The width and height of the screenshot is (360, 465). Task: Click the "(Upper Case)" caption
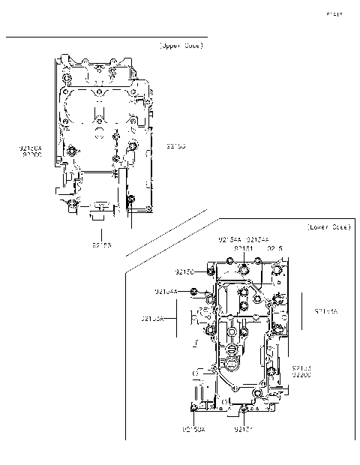pos(180,46)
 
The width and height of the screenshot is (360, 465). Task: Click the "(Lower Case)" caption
pos(328,226)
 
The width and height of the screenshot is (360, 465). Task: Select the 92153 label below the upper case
pos(103,244)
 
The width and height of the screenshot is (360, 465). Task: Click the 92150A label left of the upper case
pos(31,148)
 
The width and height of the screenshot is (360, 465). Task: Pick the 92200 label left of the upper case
pos(31,155)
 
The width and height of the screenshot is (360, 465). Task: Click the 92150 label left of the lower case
pos(185,271)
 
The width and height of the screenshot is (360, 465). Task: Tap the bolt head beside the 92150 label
pos(211,271)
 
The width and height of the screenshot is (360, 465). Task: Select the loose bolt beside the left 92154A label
pos(193,291)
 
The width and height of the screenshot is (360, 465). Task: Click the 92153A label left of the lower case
pos(153,319)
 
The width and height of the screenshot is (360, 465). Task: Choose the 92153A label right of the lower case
pos(326,310)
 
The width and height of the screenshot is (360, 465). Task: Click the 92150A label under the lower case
pos(193,430)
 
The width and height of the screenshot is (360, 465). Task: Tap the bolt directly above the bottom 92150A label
pos(194,407)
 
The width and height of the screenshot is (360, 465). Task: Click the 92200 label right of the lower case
pos(301,374)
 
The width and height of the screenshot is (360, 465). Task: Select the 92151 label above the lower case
pos(243,247)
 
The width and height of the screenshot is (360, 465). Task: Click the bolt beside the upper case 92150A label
pos(71,152)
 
